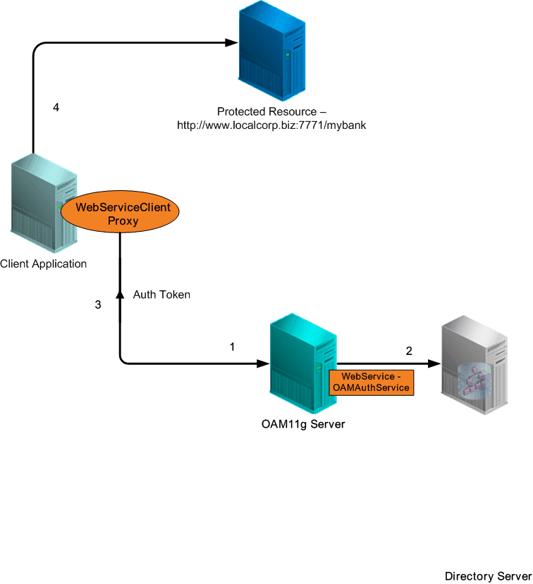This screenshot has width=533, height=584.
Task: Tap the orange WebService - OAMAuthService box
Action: click(371, 382)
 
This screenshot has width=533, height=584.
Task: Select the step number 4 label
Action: click(57, 108)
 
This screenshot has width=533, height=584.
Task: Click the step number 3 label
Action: click(98, 305)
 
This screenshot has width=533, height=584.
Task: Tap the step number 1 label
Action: click(232, 347)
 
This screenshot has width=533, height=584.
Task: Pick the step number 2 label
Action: click(409, 350)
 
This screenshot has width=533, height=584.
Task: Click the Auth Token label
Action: click(161, 294)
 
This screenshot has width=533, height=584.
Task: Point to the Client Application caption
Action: click(43, 264)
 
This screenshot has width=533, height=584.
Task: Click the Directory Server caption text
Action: click(488, 576)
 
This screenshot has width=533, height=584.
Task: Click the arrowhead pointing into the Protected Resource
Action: click(229, 43)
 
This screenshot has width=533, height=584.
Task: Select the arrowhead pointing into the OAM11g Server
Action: click(263, 364)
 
